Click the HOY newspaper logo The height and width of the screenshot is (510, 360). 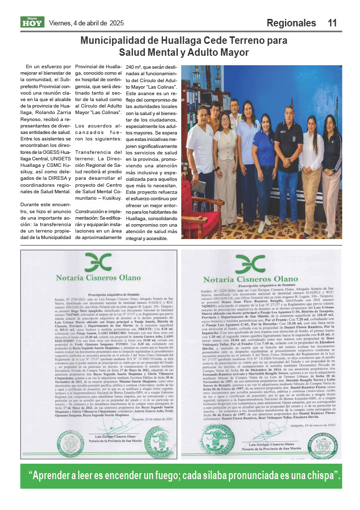tap(32, 22)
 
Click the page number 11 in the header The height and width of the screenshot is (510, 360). tap(333, 23)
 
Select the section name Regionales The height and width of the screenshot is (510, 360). tap(291, 23)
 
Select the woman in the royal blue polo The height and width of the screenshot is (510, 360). tap(264, 159)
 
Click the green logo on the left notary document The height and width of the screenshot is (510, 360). tap(98, 262)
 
